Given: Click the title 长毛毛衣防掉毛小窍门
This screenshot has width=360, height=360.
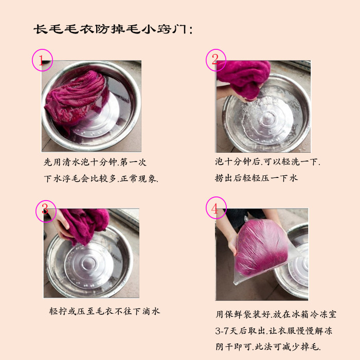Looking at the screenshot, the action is (113, 29).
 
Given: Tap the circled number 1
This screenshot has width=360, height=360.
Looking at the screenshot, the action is (43, 60).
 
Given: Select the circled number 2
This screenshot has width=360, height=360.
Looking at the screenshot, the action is (216, 60).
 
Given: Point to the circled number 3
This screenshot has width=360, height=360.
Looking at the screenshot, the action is (46, 211).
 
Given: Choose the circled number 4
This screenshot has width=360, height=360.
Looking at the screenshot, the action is (216, 208).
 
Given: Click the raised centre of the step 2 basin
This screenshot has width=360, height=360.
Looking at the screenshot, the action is (267, 118).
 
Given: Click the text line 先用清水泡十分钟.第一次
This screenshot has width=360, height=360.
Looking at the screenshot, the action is (95, 162).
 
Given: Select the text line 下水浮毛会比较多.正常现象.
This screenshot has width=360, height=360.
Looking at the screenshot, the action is (101, 178).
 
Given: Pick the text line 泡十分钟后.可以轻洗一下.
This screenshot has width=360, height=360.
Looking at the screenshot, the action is (267, 161).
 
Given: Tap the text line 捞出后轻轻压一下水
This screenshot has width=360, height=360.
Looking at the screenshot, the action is (256, 178).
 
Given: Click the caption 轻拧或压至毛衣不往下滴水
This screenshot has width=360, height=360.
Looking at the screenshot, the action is (104, 311).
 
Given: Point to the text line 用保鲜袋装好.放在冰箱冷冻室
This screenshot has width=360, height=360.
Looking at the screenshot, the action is (276, 314).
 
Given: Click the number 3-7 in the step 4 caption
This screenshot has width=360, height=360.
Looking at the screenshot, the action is (222, 331).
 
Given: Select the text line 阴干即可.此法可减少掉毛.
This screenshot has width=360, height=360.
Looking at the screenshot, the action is (268, 347).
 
